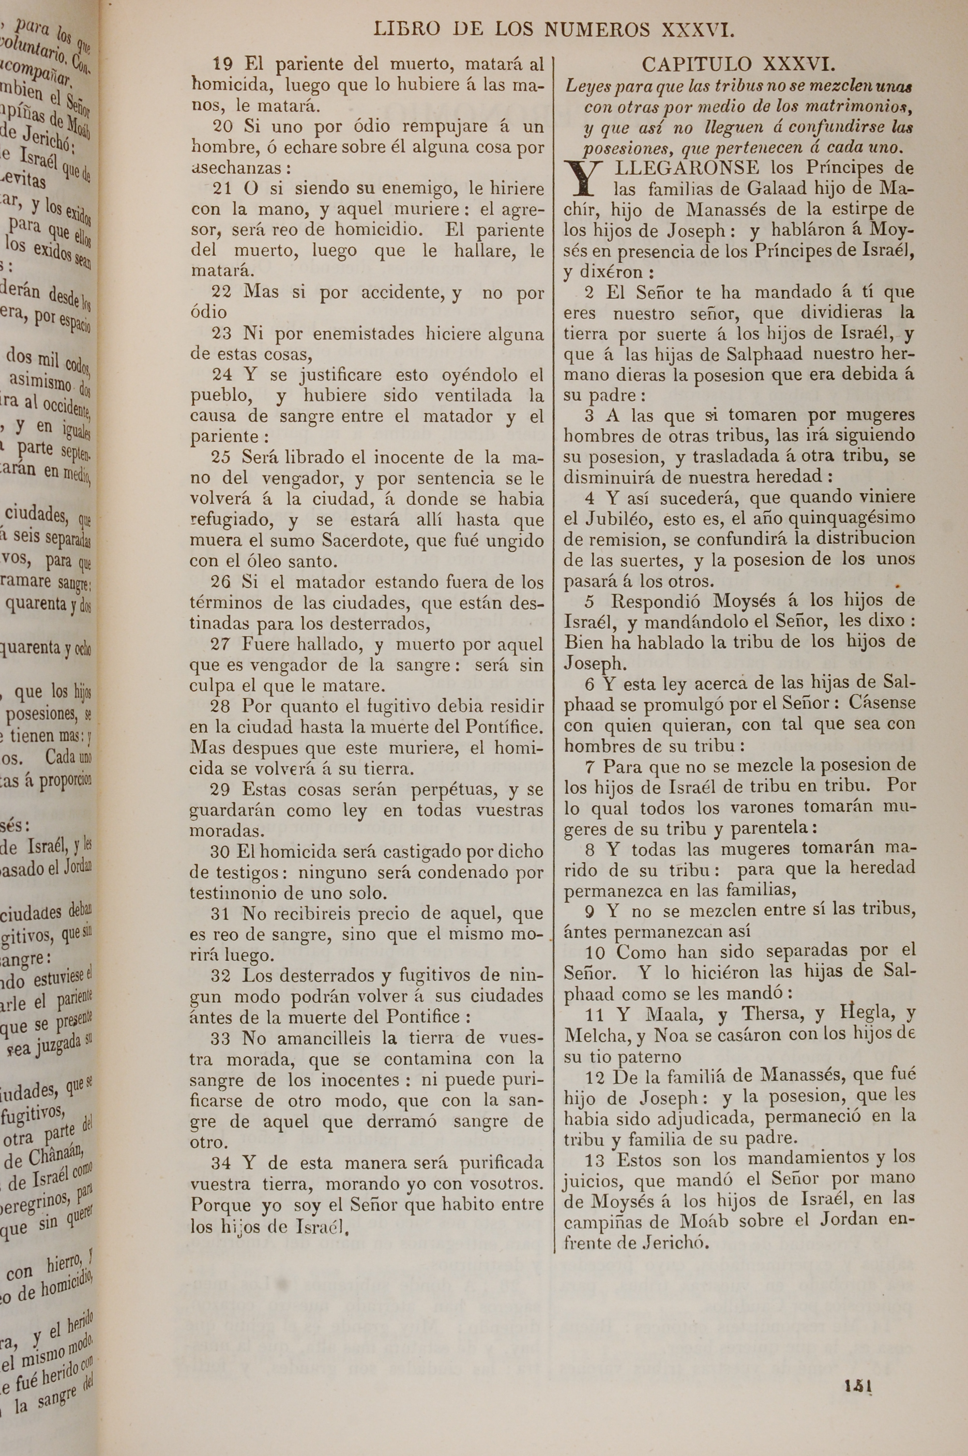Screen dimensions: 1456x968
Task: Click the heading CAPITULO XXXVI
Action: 739,64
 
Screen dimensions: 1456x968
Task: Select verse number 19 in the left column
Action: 222,64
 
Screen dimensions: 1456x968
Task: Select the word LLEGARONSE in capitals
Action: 681,168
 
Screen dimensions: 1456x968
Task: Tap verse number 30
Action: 220,852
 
